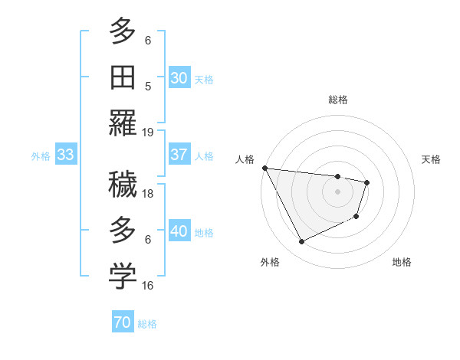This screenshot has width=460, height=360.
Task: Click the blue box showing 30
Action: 179,77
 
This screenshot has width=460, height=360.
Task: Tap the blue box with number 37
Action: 179,155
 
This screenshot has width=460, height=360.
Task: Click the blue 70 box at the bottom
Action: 122,323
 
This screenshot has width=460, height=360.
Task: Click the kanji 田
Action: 123,77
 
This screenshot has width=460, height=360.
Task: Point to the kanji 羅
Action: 123,123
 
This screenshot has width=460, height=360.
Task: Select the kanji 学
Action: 123,277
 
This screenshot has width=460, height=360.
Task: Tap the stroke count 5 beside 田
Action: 148,86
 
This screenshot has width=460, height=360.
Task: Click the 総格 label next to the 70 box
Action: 147,324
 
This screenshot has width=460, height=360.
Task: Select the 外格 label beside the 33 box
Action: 41,156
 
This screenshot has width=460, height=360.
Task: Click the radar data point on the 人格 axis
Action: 264,168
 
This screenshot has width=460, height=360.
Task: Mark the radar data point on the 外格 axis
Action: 301,242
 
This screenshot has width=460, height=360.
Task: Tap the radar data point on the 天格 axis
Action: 367,182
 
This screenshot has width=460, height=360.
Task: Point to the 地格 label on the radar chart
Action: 402,263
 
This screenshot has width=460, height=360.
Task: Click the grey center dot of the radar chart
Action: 337,191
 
